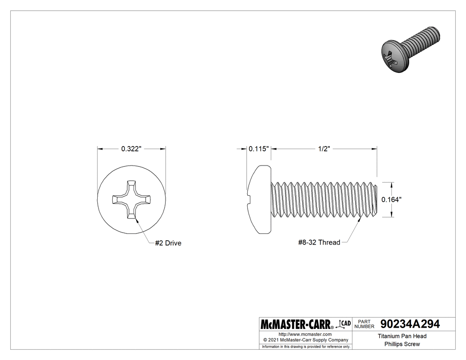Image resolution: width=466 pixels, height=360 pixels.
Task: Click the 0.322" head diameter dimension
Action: (x=131, y=149)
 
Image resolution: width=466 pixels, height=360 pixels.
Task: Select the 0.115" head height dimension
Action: (x=259, y=149)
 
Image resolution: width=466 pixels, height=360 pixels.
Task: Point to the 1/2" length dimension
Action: (x=324, y=149)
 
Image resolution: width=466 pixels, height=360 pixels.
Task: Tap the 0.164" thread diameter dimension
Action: (x=392, y=200)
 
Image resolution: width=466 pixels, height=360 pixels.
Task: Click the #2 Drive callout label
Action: (x=168, y=243)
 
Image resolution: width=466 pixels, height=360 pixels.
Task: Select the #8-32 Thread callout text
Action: (x=319, y=242)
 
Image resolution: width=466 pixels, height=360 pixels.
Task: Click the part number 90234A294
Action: (x=410, y=324)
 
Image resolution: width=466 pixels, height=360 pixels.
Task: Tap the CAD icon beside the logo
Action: (x=344, y=324)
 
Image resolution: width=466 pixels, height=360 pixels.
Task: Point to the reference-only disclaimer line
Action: (x=305, y=346)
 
